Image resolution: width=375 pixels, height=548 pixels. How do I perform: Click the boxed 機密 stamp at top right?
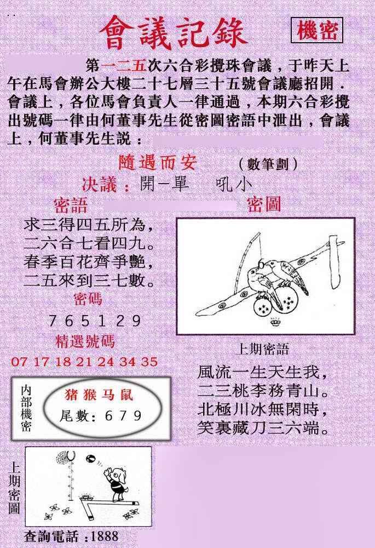[x=316, y=30]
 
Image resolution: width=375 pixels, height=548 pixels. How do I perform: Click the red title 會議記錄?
[x=173, y=33]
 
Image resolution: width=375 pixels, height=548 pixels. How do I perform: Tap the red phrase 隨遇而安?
[x=158, y=162]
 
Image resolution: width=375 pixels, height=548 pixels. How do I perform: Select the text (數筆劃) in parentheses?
[x=268, y=163]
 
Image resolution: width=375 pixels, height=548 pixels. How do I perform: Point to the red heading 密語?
[x=70, y=206]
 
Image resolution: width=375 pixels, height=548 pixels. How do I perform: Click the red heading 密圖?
[x=264, y=204]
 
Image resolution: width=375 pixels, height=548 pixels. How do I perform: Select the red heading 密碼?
[x=88, y=299]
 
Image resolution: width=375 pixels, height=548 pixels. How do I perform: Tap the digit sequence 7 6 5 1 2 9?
[x=95, y=321]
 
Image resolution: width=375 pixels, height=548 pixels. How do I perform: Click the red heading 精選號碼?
[x=85, y=341]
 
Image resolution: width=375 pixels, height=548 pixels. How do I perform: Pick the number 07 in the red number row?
[x=19, y=361]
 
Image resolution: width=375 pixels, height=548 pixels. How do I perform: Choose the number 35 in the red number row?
[x=149, y=361]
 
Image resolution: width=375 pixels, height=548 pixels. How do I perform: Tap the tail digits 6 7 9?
[x=123, y=415]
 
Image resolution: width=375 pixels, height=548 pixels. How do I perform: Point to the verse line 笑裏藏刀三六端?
[x=263, y=427]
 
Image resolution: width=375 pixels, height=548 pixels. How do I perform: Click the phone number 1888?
[x=104, y=536]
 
